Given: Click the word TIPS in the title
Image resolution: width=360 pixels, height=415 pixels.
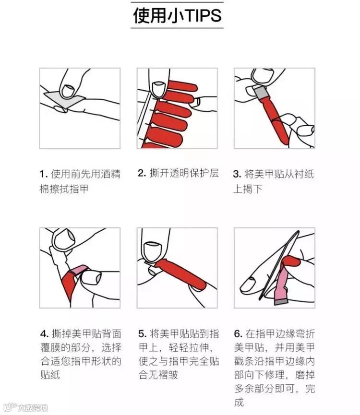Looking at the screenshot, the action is tap(204, 15).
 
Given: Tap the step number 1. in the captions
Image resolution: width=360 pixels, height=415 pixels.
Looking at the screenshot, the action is tap(44, 175).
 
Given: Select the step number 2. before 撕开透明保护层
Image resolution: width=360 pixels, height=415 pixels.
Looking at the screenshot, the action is tap(142, 173).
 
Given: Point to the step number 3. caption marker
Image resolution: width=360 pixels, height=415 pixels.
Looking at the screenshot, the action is tap(237, 175).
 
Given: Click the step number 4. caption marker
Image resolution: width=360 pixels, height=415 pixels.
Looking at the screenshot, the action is tap(45, 334).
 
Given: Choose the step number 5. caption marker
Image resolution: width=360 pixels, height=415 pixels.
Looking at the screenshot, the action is tap(143, 334).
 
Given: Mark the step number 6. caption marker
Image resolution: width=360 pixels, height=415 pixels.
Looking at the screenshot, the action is tap(238, 334).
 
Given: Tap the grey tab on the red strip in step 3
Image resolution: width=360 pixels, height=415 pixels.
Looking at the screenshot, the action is tap(261, 92).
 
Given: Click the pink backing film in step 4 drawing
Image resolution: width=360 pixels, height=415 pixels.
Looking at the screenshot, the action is tap(79, 270).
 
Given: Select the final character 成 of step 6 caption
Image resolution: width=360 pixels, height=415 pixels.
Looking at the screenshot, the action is tap(239, 402).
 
